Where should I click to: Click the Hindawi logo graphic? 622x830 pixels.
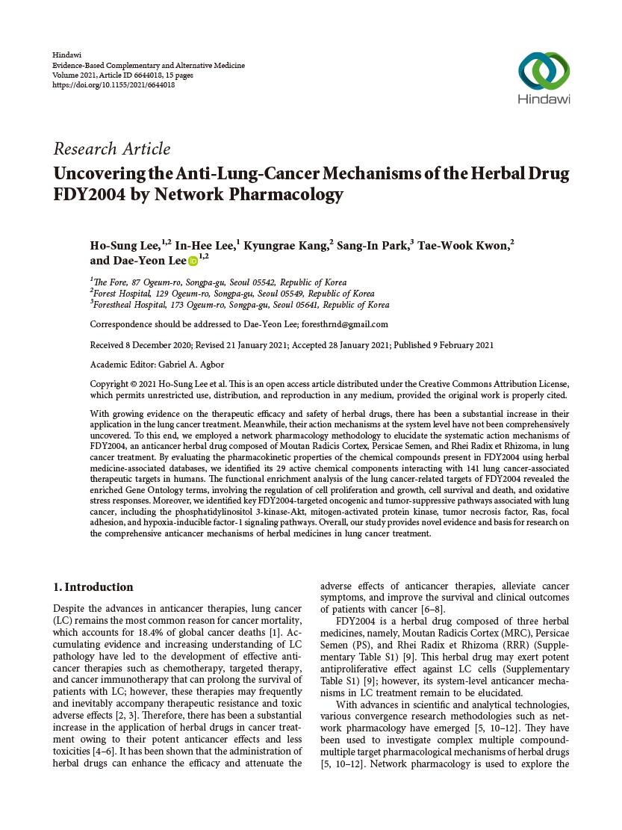(x=543, y=71)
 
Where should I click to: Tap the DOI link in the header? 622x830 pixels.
(x=113, y=85)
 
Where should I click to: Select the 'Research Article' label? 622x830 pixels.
(x=111, y=149)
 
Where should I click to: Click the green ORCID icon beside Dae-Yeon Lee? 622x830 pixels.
(x=193, y=261)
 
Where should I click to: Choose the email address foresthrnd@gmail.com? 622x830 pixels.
(x=345, y=324)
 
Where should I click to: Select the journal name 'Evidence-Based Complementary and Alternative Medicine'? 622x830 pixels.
(x=149, y=66)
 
